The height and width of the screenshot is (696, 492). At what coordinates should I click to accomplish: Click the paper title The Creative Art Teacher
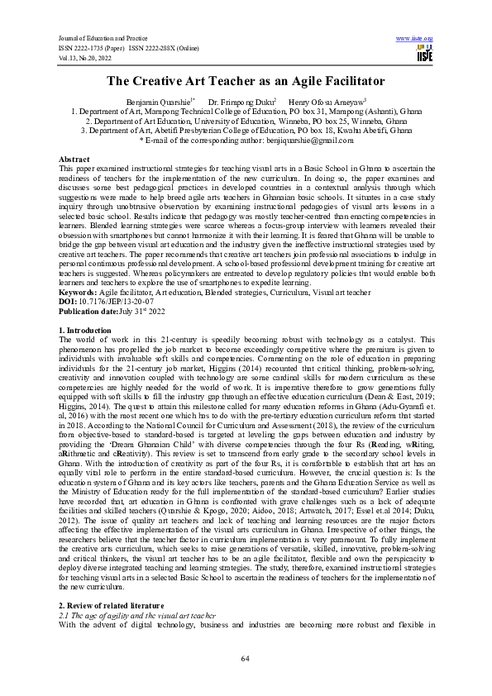pos(246,81)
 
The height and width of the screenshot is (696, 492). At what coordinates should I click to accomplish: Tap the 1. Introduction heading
pos(86,330)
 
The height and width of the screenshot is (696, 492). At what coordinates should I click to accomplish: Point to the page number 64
pos(246,658)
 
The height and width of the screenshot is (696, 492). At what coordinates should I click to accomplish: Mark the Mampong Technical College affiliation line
pos(246,111)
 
